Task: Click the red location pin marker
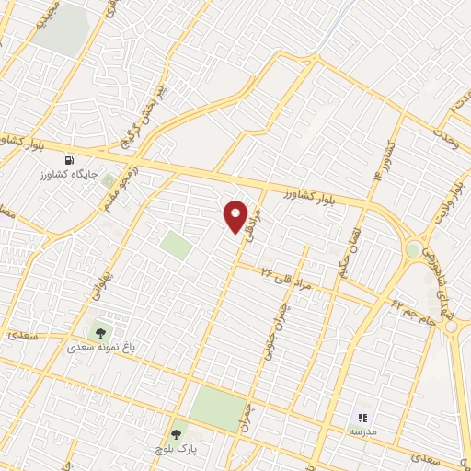[x=236, y=216]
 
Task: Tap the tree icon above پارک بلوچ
[x=176, y=433]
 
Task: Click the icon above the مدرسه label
[x=362, y=418]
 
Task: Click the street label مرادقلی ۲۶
[x=287, y=279]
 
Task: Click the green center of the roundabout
[x=413, y=249]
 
